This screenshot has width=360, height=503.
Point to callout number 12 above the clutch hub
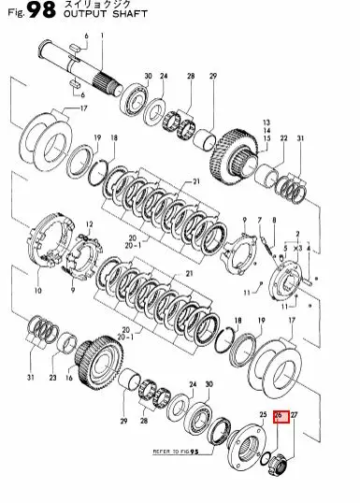pyautogui.click(x=89, y=225)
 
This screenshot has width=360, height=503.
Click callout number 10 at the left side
pyautogui.click(x=38, y=291)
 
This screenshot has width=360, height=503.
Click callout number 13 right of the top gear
pyautogui.click(x=266, y=122)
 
